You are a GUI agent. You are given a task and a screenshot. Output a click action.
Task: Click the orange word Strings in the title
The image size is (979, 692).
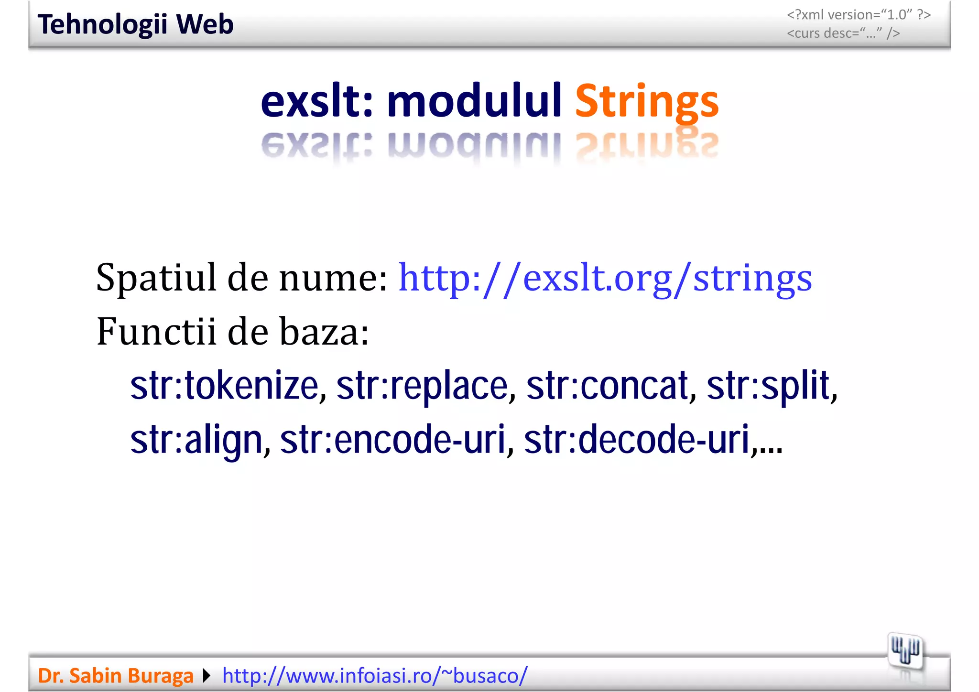646,101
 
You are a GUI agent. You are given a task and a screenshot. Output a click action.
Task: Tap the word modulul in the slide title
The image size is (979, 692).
474,101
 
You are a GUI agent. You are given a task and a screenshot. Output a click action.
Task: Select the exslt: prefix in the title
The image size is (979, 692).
316,101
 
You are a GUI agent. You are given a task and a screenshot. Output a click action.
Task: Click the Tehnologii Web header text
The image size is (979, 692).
136,24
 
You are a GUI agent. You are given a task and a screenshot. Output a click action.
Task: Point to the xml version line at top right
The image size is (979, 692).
859,15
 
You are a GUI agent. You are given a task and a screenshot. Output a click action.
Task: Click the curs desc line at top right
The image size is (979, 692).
843,33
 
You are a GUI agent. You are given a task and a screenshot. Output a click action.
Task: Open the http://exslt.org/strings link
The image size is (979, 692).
605,278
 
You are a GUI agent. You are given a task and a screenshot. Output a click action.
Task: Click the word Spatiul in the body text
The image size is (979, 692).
156,278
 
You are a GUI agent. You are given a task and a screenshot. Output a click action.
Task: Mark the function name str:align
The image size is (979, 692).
197,440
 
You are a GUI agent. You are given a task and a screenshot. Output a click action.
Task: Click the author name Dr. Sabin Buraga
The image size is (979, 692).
116,676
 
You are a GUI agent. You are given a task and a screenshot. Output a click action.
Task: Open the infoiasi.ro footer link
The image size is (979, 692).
375,676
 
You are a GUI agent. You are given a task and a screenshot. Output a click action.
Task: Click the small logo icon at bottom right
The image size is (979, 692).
904,651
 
